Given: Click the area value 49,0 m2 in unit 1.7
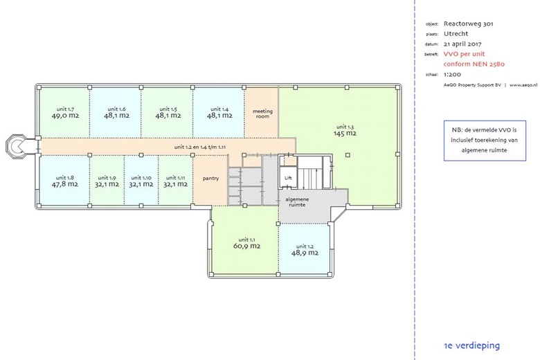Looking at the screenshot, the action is tap(66, 116).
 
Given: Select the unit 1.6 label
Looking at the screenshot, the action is tap(117, 109).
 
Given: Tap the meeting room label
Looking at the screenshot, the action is tap(262, 114).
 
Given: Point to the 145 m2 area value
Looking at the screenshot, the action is tap(345, 134).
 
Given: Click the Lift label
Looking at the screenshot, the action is tap(288, 178).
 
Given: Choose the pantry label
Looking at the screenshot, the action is tap(210, 179).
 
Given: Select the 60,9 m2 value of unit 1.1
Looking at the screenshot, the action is tap(247, 246).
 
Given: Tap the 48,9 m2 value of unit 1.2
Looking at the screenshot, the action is tap(305, 253).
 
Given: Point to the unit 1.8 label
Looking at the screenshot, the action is tap(65, 177).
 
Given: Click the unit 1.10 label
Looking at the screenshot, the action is tap(141, 178).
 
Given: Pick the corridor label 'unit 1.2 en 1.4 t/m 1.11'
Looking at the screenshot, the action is tap(200, 147).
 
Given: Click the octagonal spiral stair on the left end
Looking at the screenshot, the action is tap(15, 147).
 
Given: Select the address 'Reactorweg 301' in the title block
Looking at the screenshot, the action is tap(469, 24).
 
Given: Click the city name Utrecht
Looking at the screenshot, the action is tap(456, 34).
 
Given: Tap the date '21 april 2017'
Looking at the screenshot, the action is tap(462, 44).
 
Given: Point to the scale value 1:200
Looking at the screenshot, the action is tap(452, 74).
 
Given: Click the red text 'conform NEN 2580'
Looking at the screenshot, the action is tap(474, 64).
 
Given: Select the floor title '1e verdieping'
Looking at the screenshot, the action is tap(472, 345).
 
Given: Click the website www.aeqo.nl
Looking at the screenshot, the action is tap(523, 85).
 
